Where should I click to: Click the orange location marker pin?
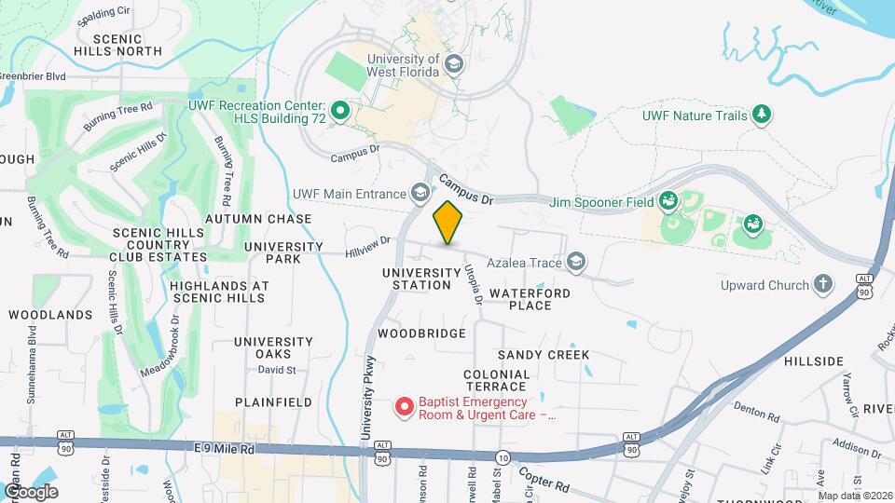(448, 223)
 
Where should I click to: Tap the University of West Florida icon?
(454, 64)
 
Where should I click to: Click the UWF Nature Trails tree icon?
(763, 114)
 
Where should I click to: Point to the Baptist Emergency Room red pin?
(405, 407)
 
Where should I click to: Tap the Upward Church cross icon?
(822, 284)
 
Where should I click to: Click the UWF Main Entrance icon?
(420, 193)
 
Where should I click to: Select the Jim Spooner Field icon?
(668, 200)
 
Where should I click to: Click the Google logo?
(31, 491)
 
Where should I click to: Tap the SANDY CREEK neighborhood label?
(543, 355)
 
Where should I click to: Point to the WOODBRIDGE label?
(421, 333)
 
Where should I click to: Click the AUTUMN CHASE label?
(257, 219)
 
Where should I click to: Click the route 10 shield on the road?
(503, 457)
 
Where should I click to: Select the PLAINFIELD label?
(273, 401)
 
